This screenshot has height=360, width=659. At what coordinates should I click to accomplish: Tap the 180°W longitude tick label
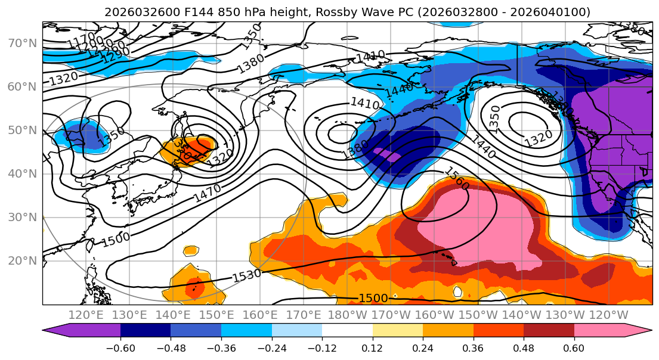347,315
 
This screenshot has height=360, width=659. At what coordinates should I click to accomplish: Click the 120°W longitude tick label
609,315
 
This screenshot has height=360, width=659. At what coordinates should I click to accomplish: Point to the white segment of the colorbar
347,331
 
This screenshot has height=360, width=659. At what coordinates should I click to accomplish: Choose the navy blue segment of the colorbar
145,331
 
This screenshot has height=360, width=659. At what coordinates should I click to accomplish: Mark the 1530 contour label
246,276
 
